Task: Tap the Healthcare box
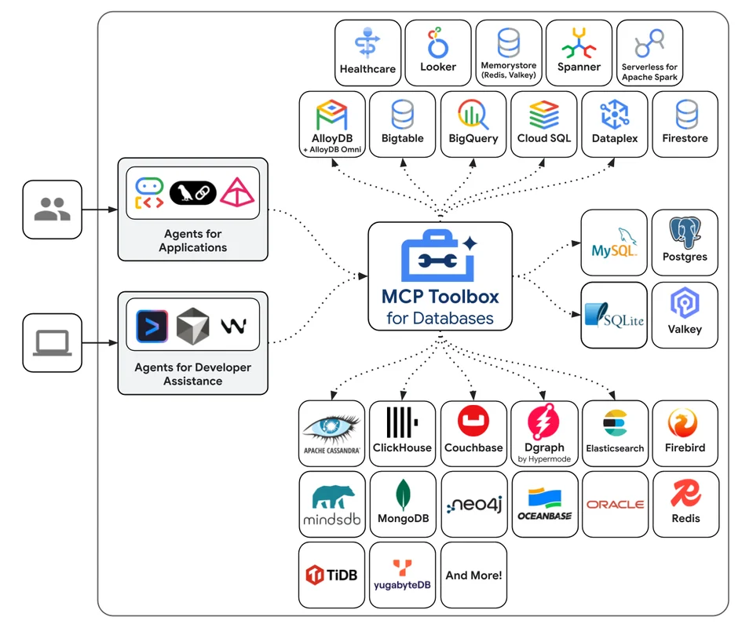(367, 53)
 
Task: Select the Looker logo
(437, 42)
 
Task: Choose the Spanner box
(579, 53)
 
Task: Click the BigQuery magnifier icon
(473, 115)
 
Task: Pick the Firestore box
(685, 124)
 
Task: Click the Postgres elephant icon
(685, 233)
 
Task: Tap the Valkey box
(685, 314)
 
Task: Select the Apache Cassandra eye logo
(331, 428)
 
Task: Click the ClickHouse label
(402, 448)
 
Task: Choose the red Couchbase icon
(473, 422)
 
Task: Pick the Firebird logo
(684, 423)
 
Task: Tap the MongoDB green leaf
(403, 495)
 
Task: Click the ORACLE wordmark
(615, 505)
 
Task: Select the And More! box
(473, 575)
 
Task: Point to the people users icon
(52, 209)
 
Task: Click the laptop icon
(52, 343)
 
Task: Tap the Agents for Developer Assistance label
(192, 374)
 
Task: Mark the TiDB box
(331, 575)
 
